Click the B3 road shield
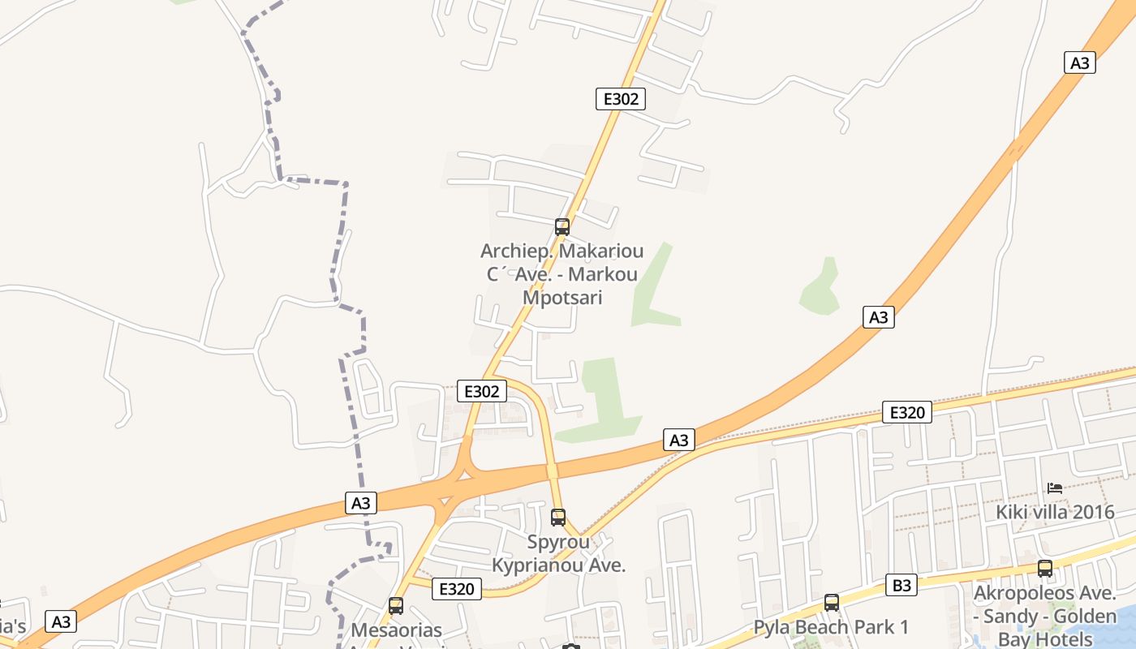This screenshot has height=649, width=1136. point(901,585)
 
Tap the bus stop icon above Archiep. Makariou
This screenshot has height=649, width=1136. point(562,227)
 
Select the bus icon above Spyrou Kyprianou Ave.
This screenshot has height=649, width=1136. point(558,517)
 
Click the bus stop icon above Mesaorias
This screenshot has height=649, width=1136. point(396,605)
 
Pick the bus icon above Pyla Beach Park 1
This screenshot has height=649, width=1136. point(831,602)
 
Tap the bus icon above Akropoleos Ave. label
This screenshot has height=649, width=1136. point(1045,569)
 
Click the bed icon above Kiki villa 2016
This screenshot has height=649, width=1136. point(1055,488)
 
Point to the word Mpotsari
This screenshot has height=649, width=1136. point(562,297)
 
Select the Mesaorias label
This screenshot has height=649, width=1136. point(396,630)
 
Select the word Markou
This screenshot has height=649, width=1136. point(603,274)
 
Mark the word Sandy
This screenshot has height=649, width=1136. point(1008,617)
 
